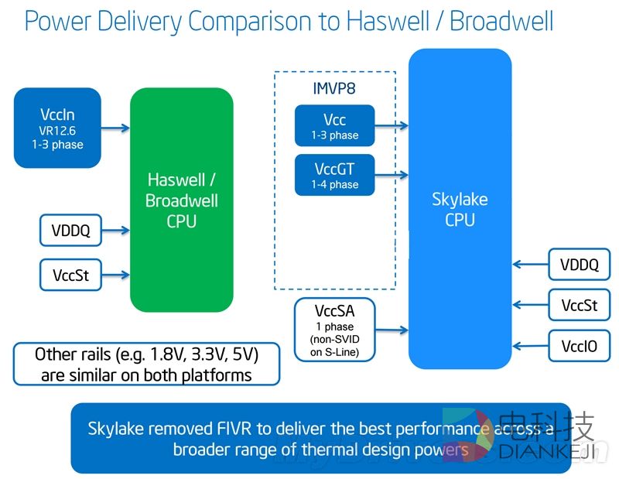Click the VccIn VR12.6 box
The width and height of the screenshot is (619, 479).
[57, 128]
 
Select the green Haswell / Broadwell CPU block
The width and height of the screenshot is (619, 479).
[182, 200]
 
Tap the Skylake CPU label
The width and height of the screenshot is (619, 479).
[460, 210]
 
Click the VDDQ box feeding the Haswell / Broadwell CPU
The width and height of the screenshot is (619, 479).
[70, 230]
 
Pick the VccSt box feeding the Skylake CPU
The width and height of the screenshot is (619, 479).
[579, 305]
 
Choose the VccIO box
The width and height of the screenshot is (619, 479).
[579, 344]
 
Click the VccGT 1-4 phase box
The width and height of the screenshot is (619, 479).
[334, 175]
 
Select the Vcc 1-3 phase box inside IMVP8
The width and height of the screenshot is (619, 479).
[334, 125]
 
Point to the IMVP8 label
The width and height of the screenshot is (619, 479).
[334, 87]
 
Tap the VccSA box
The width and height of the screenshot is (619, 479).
[334, 330]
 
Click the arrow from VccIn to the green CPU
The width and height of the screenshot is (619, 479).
[115, 128]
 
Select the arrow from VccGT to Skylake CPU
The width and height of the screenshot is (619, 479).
[392, 175]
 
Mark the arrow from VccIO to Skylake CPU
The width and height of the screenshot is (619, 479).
[530, 344]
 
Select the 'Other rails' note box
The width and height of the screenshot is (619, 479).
[146, 364]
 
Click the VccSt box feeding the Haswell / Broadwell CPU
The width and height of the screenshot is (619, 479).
[70, 275]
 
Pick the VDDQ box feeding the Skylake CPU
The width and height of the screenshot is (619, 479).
[579, 265]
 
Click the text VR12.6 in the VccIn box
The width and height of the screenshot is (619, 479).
[56, 130]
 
